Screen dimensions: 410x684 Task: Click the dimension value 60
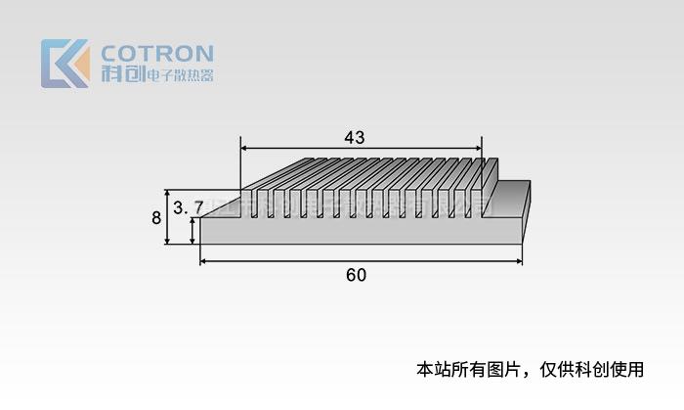[356, 275]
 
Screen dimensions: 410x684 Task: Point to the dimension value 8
[156, 218]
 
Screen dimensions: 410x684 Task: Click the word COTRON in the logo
[157, 53]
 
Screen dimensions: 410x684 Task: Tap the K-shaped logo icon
[64, 64]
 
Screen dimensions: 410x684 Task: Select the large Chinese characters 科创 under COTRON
[122, 74]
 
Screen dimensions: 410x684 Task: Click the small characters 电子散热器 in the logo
[179, 75]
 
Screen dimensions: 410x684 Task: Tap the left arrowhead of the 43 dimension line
[244, 149]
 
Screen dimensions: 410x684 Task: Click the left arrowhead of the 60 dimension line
[204, 261]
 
